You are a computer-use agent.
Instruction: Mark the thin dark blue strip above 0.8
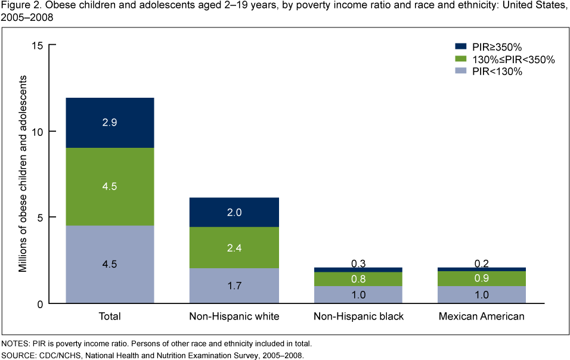358,269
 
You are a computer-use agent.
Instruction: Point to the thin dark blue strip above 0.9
482,269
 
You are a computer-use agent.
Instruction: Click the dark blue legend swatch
460,46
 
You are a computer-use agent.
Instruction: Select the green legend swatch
460,58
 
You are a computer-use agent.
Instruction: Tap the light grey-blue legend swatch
460,70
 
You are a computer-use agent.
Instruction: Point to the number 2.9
110,123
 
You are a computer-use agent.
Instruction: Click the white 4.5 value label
110,187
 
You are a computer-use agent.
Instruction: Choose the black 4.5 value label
110,265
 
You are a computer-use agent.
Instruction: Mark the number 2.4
234,248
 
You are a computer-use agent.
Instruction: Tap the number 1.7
234,286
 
